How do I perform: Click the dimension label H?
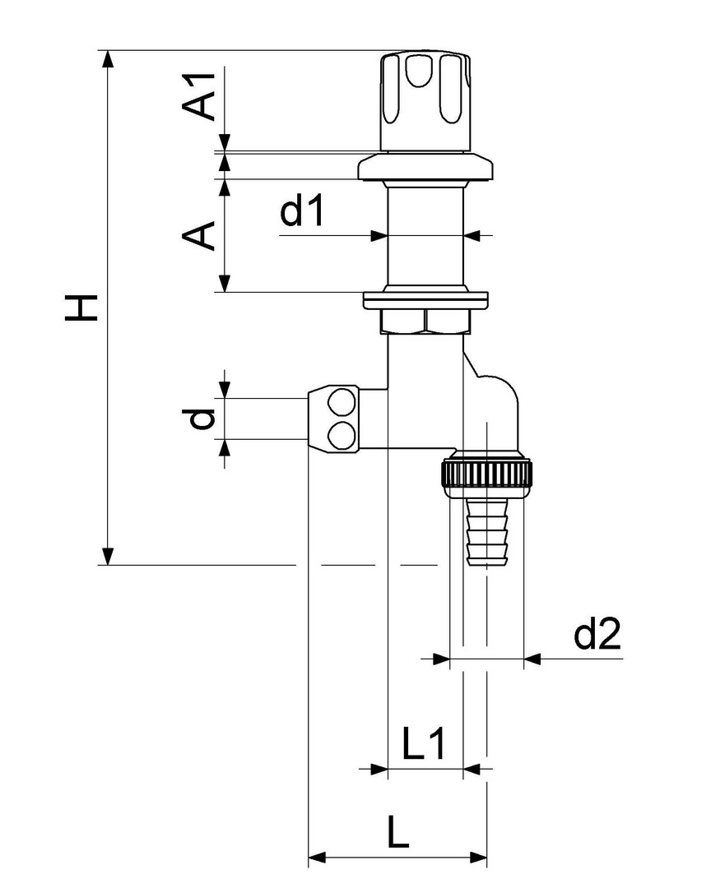click(82, 308)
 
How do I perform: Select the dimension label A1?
click(200, 95)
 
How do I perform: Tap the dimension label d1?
click(304, 211)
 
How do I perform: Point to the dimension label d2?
click(597, 635)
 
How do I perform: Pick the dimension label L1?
click(425, 744)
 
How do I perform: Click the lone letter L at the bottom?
click(398, 834)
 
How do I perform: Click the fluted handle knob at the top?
click(425, 99)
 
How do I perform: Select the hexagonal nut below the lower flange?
click(425, 320)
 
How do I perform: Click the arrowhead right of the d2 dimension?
click(532, 659)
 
